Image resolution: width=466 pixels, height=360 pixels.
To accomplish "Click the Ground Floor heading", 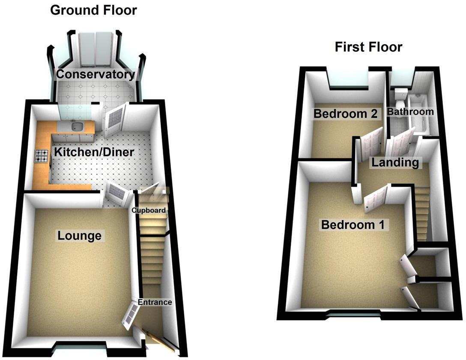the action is [93, 10].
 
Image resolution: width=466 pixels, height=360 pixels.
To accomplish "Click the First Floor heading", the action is [368, 47].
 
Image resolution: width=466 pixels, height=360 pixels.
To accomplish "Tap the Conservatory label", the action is [96, 74].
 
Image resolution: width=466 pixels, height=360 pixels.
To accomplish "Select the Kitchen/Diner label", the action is [94, 152].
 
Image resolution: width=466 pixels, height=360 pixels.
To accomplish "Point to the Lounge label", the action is [80, 235].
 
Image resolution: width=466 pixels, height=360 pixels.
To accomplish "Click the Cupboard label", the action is [148, 210].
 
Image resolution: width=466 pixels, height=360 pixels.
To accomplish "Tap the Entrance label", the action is [155, 302].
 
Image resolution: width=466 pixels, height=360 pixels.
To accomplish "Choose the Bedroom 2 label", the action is [345, 114].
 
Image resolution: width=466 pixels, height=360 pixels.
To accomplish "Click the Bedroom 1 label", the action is [353, 225].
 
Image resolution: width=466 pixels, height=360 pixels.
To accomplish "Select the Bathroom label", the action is [410, 112].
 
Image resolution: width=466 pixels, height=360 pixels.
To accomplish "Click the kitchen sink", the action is [77, 126].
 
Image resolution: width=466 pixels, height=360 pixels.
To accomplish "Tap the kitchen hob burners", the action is [42, 155].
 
